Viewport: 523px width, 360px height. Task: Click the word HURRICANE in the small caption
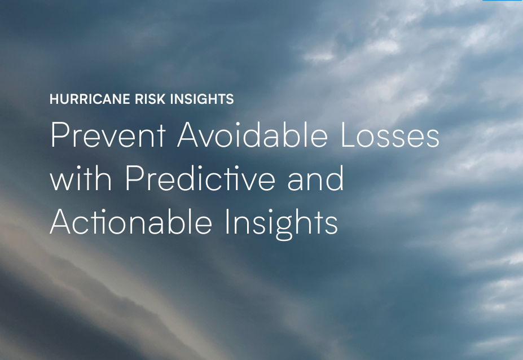tap(90, 100)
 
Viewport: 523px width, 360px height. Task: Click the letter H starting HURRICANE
tap(54, 100)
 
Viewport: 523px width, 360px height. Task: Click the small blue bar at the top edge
tap(502, 1)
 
